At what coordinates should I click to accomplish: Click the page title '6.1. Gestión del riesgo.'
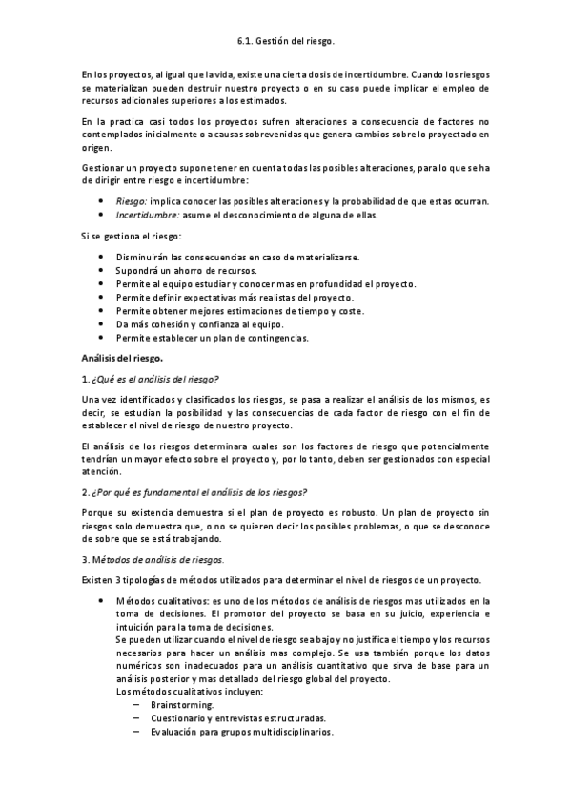tap(285, 42)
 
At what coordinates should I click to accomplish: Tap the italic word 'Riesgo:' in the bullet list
tap(132, 200)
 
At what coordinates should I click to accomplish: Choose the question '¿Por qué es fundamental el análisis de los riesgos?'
tap(198, 492)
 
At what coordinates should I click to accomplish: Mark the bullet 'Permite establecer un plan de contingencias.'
tap(213, 338)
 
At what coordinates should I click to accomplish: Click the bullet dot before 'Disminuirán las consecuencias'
tap(102, 258)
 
